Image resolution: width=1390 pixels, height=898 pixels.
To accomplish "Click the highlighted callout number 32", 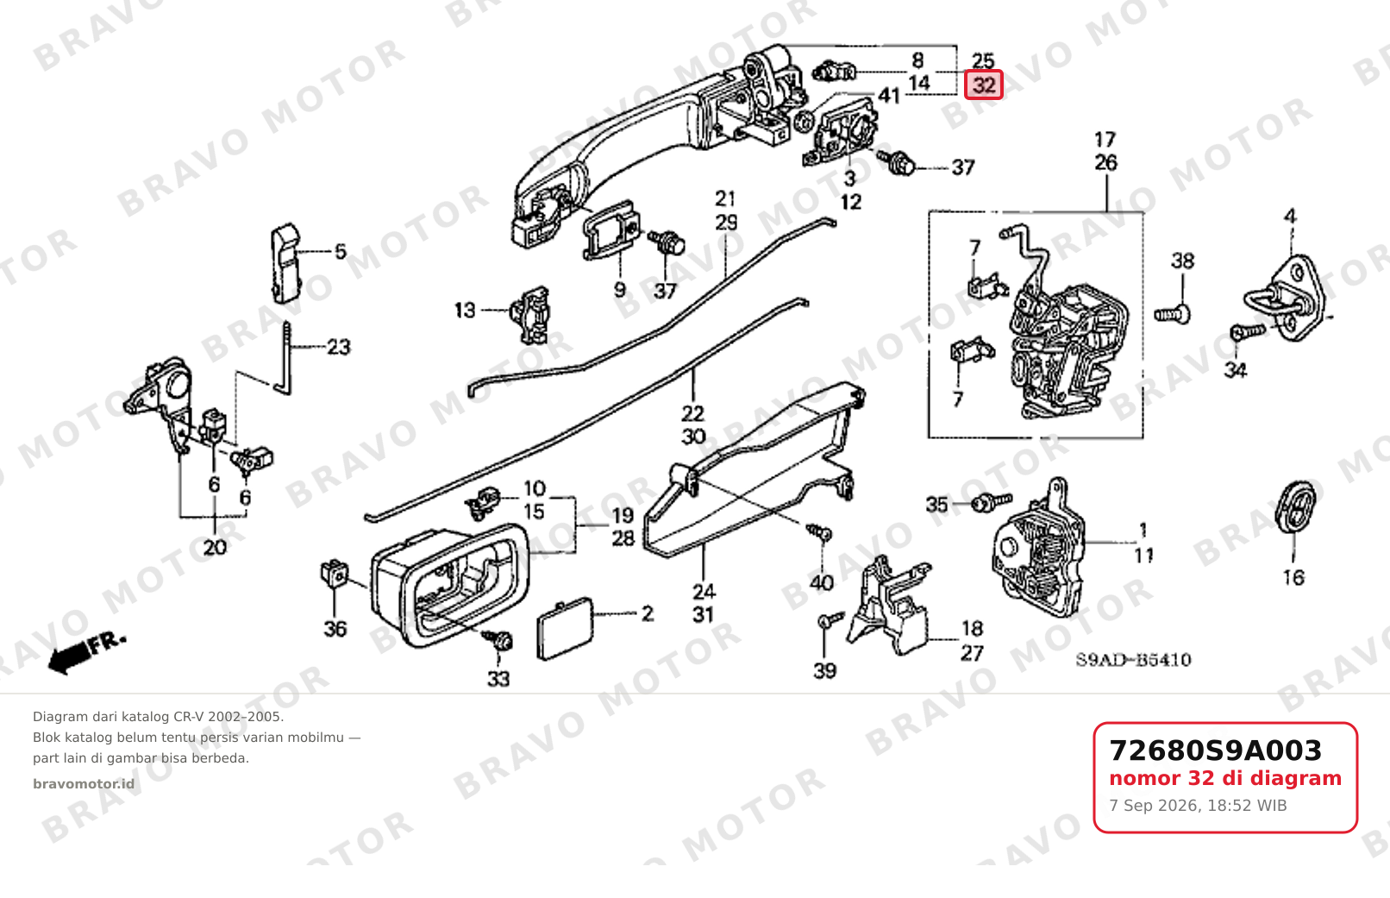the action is (x=984, y=85).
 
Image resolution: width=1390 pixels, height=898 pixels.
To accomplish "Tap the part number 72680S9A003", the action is (x=1215, y=750).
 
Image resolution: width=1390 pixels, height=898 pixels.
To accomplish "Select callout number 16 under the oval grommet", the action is (x=1293, y=578).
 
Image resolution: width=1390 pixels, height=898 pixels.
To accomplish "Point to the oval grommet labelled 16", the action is (x=1295, y=506).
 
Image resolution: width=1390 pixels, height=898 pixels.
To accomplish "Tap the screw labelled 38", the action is (x=1172, y=315).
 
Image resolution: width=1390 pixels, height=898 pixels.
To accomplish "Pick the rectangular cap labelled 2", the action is (x=565, y=628).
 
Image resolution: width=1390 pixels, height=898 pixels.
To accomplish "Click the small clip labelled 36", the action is (x=335, y=573).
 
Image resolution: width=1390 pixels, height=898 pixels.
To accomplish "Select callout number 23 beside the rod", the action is (x=338, y=346).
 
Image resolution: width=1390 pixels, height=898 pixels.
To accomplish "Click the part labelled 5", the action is (x=286, y=264).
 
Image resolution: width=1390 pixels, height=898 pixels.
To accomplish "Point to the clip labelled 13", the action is (x=529, y=314).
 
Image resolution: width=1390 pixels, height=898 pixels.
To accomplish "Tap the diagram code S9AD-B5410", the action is (x=1133, y=660).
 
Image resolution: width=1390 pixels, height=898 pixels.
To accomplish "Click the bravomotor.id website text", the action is (x=84, y=784).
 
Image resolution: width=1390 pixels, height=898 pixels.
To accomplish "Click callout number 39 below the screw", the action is (x=824, y=671).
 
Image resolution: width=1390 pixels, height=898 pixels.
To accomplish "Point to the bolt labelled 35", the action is (x=992, y=502).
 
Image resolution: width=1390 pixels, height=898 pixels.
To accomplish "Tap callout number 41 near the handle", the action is (x=889, y=96).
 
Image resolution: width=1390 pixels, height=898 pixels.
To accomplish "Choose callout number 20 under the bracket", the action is (x=215, y=548).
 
